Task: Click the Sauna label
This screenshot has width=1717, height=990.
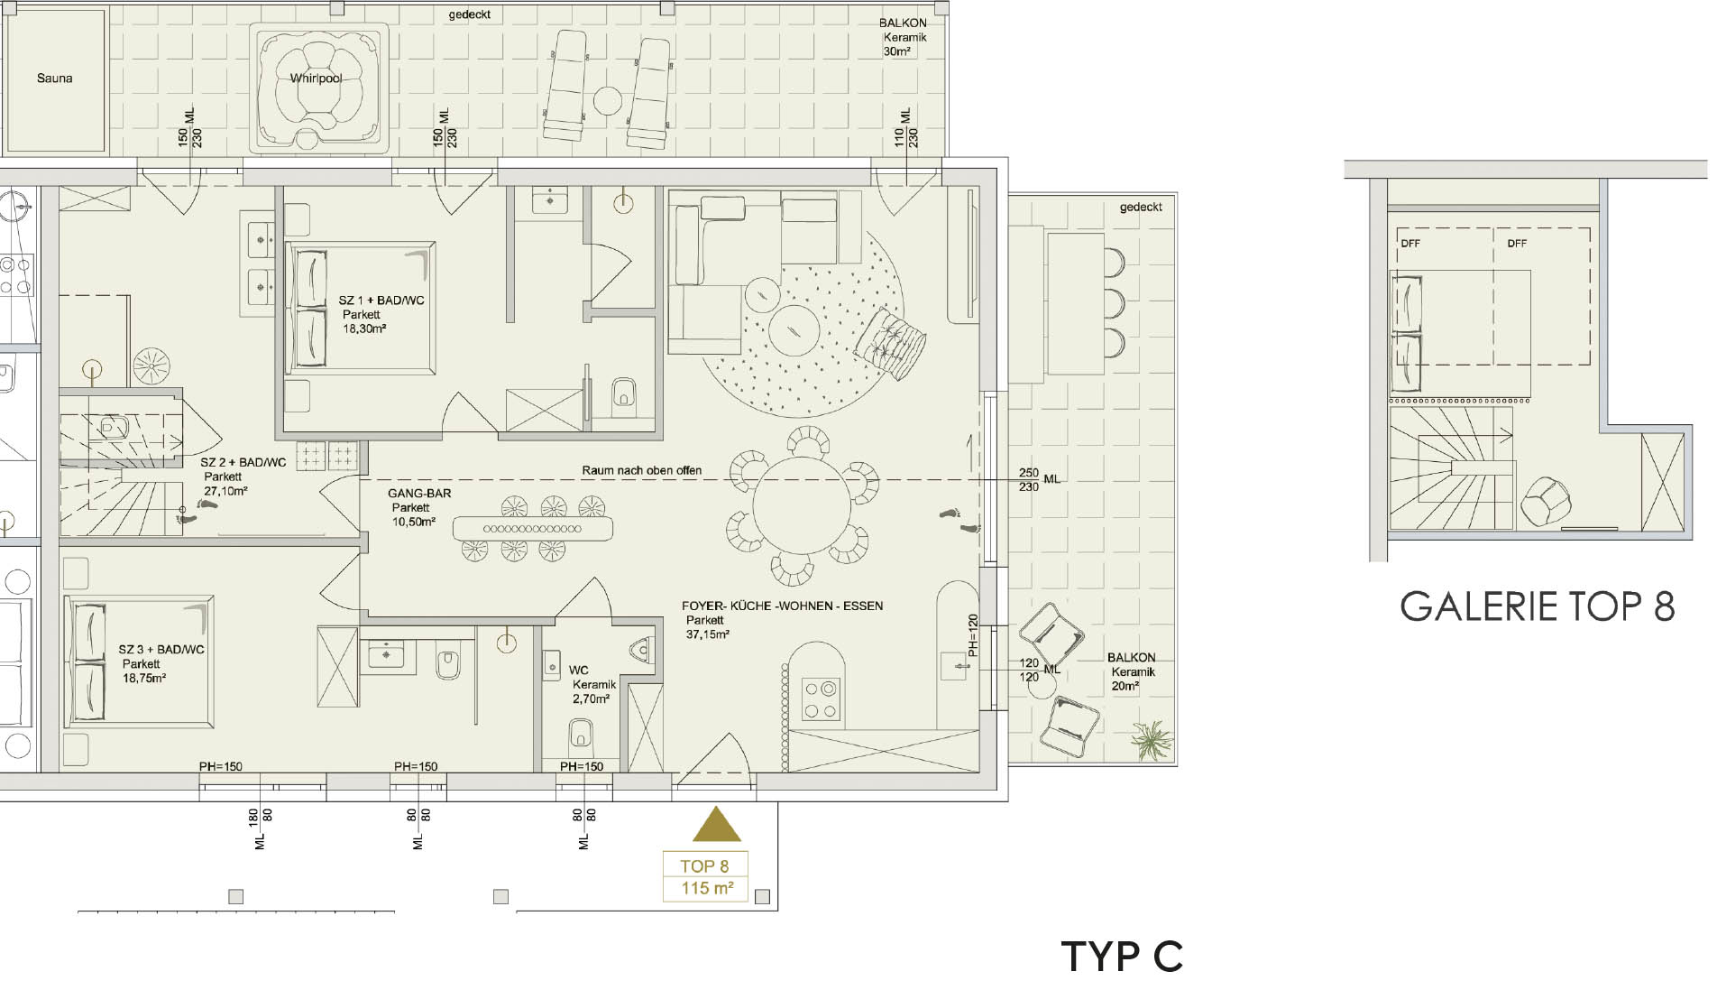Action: click(55, 79)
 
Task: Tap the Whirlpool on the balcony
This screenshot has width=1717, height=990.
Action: click(318, 85)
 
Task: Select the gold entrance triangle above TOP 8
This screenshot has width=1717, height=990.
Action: click(716, 825)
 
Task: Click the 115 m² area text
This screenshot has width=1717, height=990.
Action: click(707, 888)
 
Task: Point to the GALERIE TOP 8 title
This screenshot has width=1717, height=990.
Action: click(1538, 606)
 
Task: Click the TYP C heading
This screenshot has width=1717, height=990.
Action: click(1122, 957)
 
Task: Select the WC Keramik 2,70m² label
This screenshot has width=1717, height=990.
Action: click(592, 684)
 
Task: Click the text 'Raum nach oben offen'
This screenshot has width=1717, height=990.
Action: click(641, 470)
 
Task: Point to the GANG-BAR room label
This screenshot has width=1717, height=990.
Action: click(419, 494)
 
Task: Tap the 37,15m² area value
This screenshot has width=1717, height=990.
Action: click(707, 634)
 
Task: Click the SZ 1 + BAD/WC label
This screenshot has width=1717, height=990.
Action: click(381, 301)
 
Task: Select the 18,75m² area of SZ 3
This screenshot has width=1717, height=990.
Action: click(143, 678)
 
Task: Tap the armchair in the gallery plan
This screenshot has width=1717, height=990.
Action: click(1545, 501)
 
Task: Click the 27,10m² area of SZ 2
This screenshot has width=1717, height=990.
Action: click(225, 491)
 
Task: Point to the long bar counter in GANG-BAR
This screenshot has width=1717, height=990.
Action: click(532, 528)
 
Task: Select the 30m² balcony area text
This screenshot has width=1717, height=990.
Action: click(896, 51)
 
